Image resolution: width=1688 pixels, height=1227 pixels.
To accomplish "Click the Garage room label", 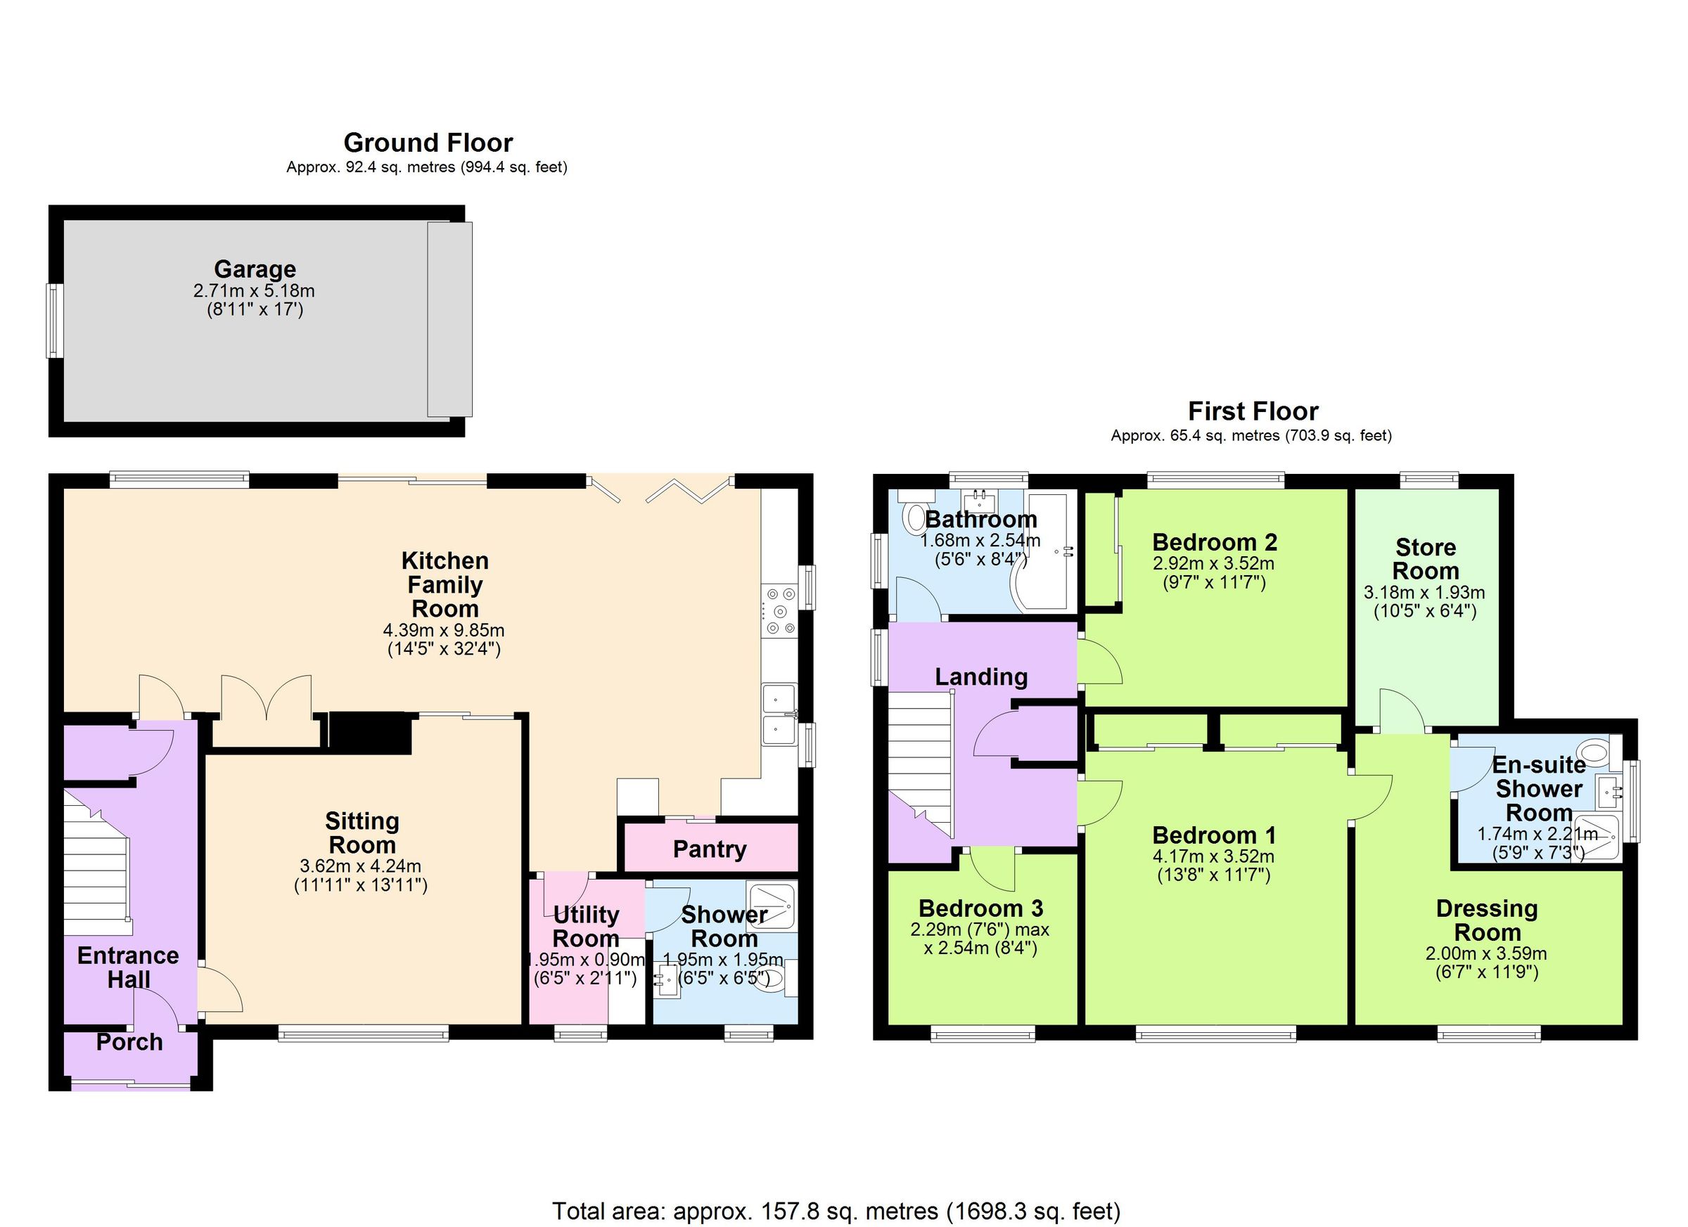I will coord(255,269).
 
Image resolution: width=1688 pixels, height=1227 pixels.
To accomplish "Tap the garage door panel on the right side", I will coord(449,319).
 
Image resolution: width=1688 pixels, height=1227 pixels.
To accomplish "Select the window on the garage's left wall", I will coord(53,320).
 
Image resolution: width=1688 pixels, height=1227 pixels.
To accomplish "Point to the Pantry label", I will coord(709,849).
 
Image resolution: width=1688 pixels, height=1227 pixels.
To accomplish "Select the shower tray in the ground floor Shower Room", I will coord(772,906).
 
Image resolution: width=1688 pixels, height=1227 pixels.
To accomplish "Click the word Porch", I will coord(129,1042).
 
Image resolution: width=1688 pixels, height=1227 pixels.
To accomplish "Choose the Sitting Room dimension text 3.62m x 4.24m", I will coord(360,866).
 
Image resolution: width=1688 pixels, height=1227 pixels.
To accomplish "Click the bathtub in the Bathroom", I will coord(1046,551).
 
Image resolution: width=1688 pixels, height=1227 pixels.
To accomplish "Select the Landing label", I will coord(981,676).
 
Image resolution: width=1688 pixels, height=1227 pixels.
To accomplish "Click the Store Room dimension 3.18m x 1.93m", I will coord(1424,593).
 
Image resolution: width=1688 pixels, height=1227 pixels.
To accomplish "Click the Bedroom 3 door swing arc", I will coord(995,871).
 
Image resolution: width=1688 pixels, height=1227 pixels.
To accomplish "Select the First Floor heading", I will coord(1253,411).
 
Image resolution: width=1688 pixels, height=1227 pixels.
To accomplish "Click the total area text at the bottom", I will coord(836,1211).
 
